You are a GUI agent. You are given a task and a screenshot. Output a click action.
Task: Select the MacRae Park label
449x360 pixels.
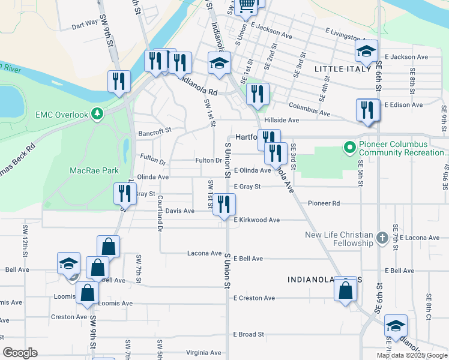[94, 170]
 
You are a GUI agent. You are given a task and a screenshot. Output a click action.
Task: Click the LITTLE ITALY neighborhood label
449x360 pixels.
[343, 69]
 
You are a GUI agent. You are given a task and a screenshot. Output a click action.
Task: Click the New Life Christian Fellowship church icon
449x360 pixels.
[382, 239]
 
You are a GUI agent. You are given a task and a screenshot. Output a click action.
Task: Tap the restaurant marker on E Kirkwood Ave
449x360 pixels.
[224, 205]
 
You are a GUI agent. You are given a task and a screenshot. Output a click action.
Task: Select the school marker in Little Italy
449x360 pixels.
[367, 52]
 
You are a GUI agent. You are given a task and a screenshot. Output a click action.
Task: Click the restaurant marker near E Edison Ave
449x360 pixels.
[367, 110]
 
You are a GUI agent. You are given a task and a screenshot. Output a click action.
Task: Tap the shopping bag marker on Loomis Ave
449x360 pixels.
[87, 294]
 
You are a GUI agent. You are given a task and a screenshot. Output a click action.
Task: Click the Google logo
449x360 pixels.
[20, 353]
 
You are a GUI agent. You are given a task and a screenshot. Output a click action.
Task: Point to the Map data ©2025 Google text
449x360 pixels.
[412, 355]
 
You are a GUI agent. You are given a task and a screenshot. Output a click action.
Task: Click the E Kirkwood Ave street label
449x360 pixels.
[257, 220]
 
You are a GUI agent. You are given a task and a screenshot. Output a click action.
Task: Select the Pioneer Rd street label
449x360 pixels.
[324, 203]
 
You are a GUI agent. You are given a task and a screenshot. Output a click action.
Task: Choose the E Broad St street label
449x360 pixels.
[249, 334]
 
